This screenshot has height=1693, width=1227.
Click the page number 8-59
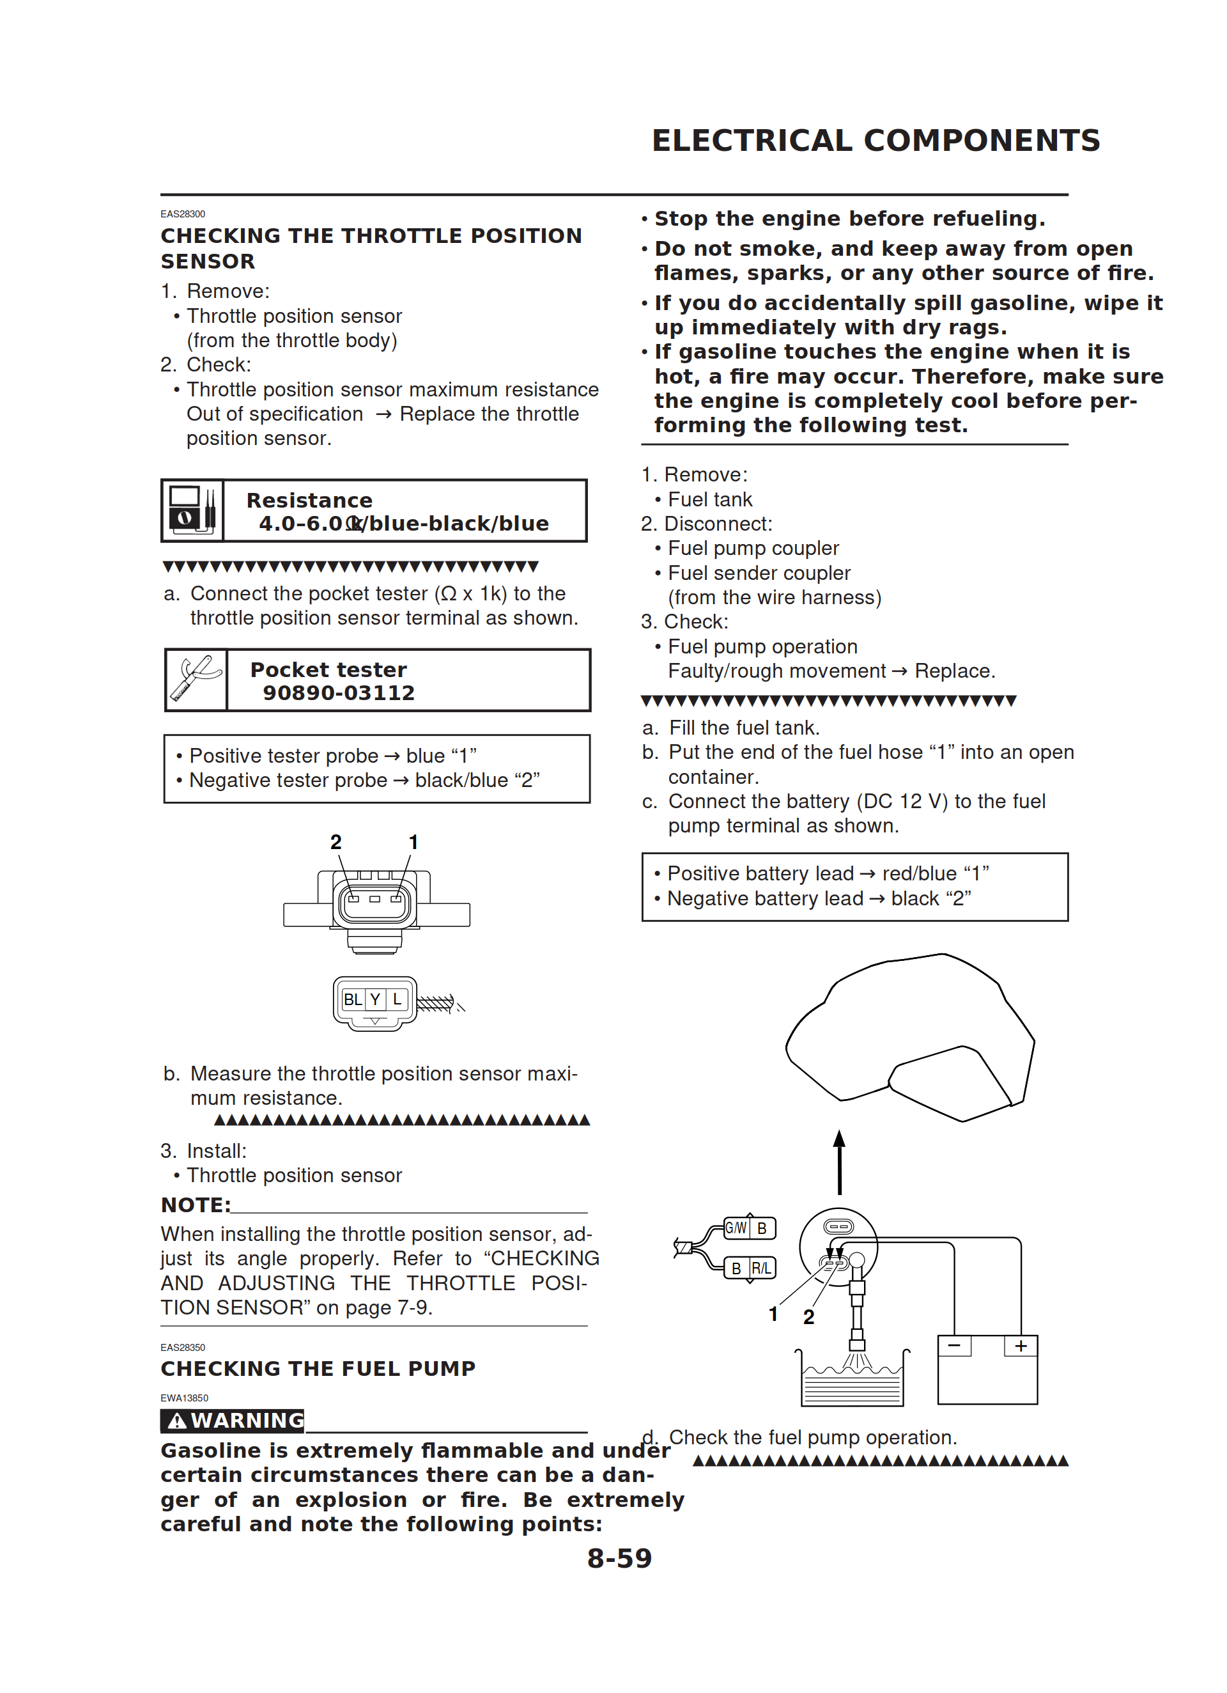pos(619,1559)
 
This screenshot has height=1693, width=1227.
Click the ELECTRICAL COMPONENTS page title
pos(876,140)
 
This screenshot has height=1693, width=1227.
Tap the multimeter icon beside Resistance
pos(192,511)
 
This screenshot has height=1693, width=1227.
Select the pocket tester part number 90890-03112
pos(338,692)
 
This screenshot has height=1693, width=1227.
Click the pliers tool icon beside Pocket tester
pos(196,679)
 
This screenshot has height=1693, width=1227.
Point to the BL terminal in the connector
pos(352,999)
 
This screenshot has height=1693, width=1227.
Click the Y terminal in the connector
pos(375,999)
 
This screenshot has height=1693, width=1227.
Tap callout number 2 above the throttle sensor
pos(336,842)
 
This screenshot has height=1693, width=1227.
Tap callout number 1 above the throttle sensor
pos(413,842)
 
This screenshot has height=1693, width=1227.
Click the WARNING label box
pos(233,1421)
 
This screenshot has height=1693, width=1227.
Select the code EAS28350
pos(183,1347)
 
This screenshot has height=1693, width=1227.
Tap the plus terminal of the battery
pos(1020,1346)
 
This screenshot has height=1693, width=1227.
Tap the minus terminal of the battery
pos(954,1346)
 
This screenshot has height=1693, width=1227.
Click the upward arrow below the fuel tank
pos(840,1162)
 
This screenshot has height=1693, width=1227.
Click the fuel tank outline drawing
pos(911,1030)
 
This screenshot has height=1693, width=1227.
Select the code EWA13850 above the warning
pos(184,1398)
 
